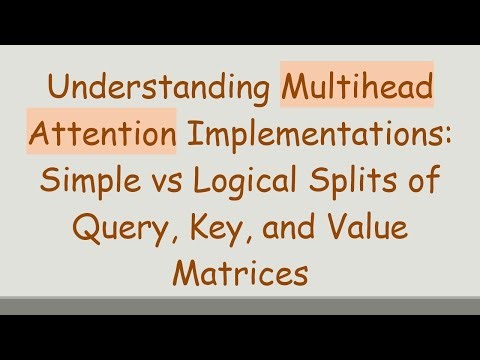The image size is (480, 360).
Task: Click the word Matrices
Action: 240,272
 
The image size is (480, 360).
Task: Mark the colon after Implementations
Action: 449,145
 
